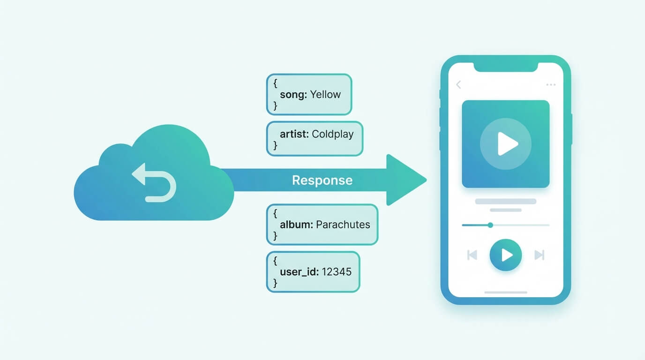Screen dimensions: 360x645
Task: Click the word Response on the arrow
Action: (322, 180)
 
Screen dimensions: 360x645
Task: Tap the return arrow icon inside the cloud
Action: (154, 182)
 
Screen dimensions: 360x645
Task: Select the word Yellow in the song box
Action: (325, 94)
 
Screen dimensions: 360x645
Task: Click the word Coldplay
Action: (333, 134)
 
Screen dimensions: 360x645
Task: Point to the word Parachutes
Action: (343, 225)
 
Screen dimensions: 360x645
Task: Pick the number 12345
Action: (337, 271)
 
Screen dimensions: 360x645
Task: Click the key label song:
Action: (293, 94)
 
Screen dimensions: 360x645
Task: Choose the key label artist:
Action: (294, 134)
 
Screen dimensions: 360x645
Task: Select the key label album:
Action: (296, 225)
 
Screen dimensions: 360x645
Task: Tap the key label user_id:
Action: (300, 271)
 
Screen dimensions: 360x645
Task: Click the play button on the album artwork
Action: (506, 143)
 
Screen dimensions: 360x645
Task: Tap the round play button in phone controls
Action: (506, 255)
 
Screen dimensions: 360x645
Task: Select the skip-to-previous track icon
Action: (472, 255)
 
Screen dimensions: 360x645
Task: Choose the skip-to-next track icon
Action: (540, 255)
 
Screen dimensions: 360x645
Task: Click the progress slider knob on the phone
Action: (490, 225)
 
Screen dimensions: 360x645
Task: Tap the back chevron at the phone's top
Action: (459, 84)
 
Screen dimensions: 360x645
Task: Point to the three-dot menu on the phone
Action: (551, 85)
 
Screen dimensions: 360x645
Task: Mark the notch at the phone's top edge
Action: (505, 67)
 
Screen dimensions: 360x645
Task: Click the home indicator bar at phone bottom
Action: (505, 292)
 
